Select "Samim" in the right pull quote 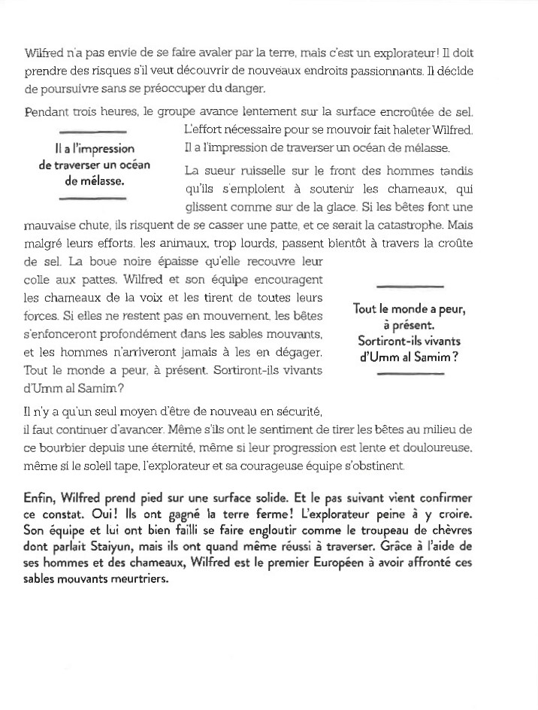(426, 357)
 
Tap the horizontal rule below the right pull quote (409, 374)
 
